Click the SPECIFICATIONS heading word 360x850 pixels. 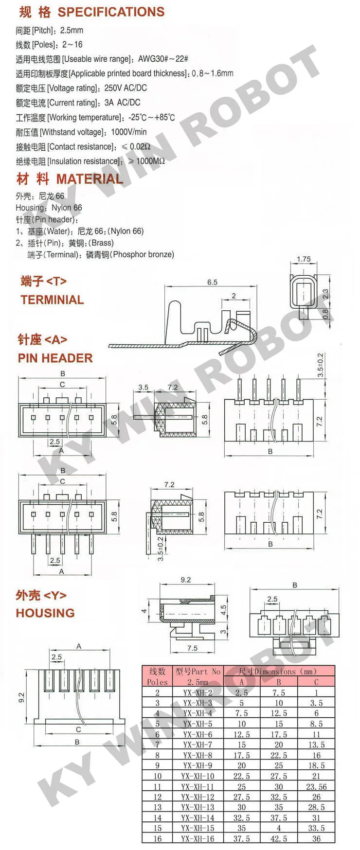click(x=111, y=12)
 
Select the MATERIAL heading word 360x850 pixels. click(x=90, y=179)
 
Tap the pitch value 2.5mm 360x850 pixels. click(x=72, y=30)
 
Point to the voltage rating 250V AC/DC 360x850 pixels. click(x=125, y=88)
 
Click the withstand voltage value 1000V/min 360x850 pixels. click(x=128, y=132)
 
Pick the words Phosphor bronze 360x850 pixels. click(x=143, y=254)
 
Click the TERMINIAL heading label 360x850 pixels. click(x=52, y=300)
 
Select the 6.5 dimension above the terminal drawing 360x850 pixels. click(x=212, y=282)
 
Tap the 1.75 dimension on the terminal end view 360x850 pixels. click(x=304, y=259)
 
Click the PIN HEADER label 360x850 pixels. click(x=55, y=358)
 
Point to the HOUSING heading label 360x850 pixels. click(x=45, y=613)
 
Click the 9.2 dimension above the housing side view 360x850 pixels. click(x=185, y=580)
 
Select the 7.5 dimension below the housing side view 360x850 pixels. click(x=192, y=648)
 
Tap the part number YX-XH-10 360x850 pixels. click(x=198, y=776)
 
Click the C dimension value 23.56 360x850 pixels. click(x=316, y=787)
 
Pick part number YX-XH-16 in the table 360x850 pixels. click(x=198, y=839)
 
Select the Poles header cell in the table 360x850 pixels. click(x=157, y=682)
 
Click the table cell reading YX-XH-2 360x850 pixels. click(x=198, y=692)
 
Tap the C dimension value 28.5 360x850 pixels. click(x=316, y=807)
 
